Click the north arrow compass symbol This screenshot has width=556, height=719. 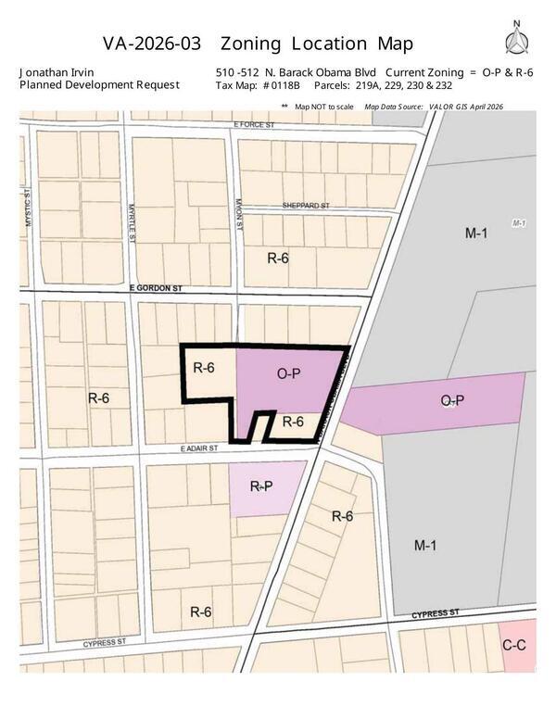pos(515,40)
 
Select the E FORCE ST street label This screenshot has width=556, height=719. pos(256,123)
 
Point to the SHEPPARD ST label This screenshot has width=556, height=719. pos(307,207)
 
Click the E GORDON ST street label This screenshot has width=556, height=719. pos(158,289)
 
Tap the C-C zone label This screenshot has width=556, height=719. pos(516,644)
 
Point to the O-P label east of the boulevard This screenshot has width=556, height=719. pos(452,400)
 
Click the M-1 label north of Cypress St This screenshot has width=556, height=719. pos(425,545)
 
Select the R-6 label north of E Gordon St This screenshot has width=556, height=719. pos(278,258)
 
